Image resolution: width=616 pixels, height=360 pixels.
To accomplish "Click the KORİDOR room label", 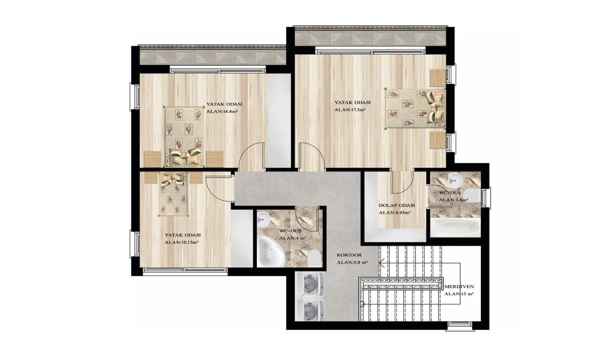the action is point(349,255).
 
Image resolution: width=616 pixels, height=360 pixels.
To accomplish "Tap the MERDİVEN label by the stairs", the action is point(459,287).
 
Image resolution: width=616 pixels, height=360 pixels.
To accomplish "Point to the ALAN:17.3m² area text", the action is point(350,110).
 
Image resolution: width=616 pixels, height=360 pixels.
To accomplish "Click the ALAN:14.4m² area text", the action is point(222,111).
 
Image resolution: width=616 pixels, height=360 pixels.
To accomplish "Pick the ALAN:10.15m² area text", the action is point(181,243).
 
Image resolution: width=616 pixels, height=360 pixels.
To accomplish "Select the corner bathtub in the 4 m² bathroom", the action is point(271,252).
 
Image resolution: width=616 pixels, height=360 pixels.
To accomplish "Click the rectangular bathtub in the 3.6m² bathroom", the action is point(455,228).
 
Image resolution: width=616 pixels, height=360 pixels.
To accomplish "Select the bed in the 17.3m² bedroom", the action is point(415,108).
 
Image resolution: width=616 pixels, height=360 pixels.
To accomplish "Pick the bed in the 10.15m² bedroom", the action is point(173,194).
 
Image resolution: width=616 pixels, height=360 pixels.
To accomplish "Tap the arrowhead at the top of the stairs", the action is point(382,263).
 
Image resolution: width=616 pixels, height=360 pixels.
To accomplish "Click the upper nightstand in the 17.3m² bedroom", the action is point(438,78).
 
